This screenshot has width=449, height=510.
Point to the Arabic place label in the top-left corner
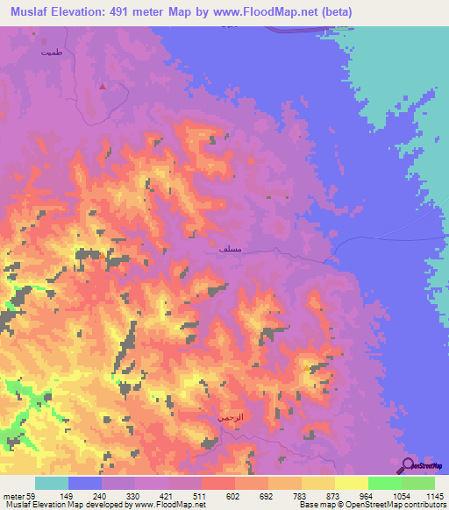[52, 53]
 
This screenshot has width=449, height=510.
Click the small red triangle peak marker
[103, 86]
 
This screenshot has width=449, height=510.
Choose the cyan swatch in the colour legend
[52, 483]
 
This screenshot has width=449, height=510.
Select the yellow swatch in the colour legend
[351, 483]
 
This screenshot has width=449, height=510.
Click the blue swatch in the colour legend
[85, 483]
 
